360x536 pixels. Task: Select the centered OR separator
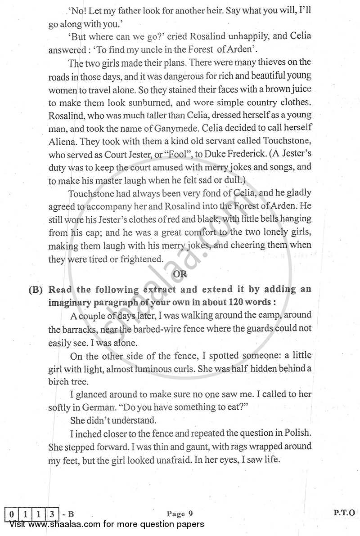pyautogui.click(x=180, y=274)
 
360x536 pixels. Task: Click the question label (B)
pyautogui.click(x=36, y=289)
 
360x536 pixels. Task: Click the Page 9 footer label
pyautogui.click(x=180, y=513)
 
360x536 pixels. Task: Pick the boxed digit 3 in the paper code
pyautogui.click(x=53, y=513)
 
